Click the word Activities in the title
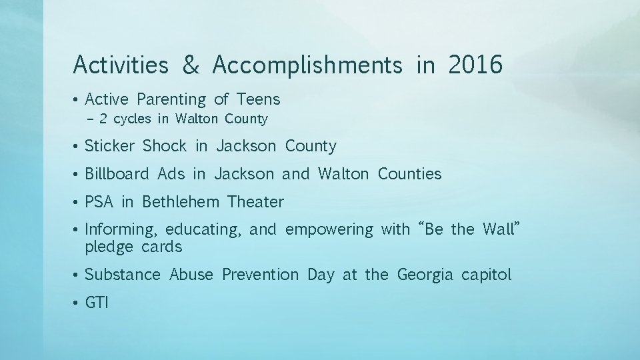click(121, 65)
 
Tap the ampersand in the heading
click(191, 65)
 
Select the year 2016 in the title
click(475, 65)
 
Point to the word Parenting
click(171, 100)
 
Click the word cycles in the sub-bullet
click(132, 119)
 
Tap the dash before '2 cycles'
click(91, 119)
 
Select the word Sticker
click(109, 146)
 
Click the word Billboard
click(117, 174)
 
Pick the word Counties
click(409, 174)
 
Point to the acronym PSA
click(99, 202)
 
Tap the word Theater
click(255, 202)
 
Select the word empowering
click(329, 230)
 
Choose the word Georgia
click(425, 275)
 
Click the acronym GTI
click(97, 303)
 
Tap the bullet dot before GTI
click(77, 303)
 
